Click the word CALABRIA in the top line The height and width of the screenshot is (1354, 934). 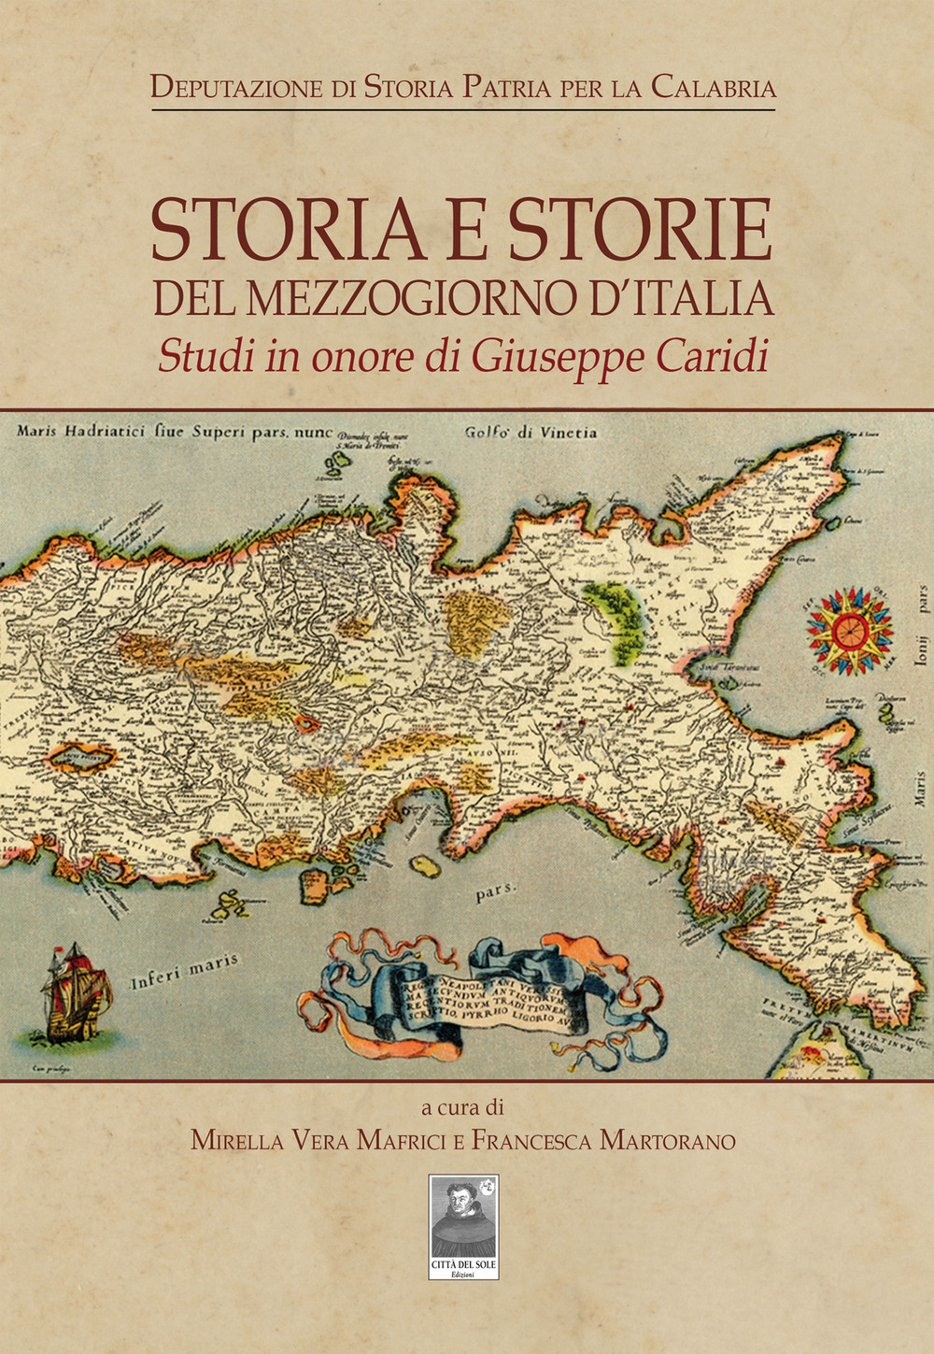coord(713,88)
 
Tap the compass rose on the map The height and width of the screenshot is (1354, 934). coord(849,631)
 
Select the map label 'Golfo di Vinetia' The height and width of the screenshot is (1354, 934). coord(531,434)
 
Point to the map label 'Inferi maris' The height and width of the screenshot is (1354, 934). coord(184,971)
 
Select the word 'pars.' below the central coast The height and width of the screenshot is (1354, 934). coord(496,892)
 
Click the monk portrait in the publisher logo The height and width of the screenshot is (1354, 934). coord(462,1215)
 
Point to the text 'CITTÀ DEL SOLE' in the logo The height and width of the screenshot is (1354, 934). coord(463,1265)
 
